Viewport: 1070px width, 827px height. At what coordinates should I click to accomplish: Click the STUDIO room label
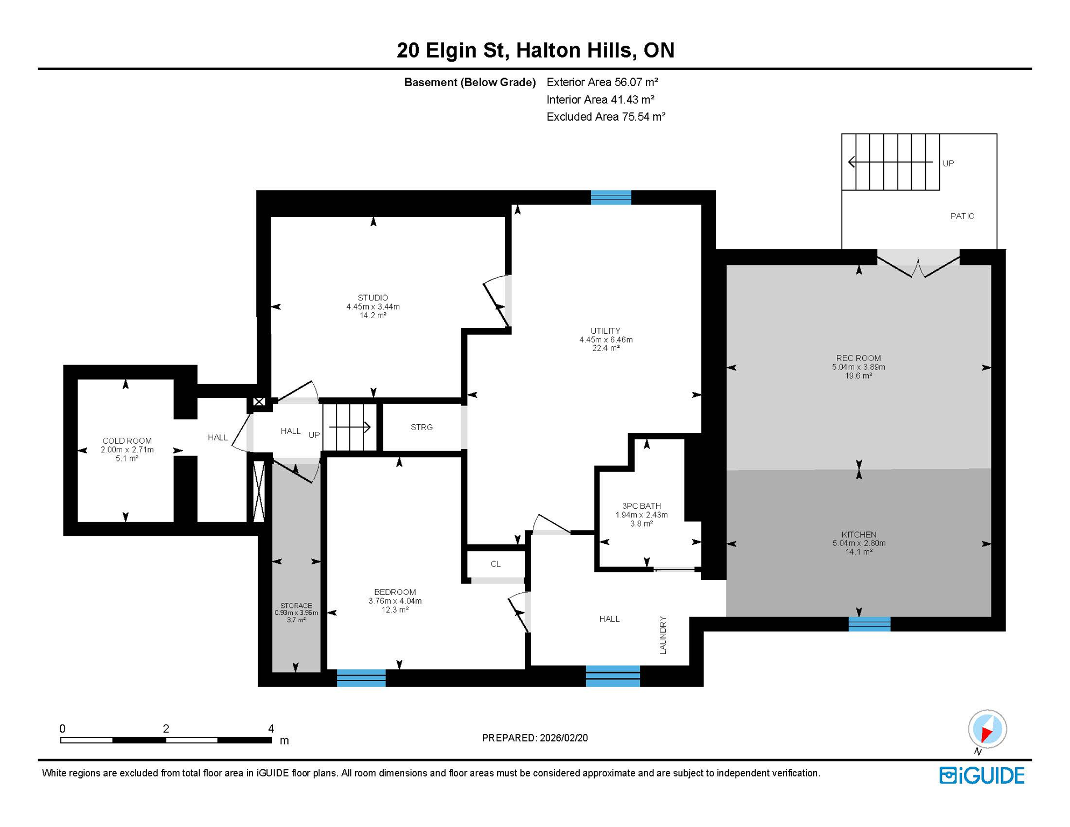[x=372, y=298]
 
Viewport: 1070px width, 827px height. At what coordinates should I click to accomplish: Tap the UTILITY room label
[x=605, y=331]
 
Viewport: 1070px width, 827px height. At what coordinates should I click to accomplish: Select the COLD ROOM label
[x=127, y=441]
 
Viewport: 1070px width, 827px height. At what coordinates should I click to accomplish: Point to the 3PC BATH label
[x=641, y=506]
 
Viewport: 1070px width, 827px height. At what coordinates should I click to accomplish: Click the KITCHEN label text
[x=858, y=535]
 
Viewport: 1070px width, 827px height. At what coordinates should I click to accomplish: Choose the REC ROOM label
[x=858, y=358]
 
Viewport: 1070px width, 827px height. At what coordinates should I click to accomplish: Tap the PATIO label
[x=962, y=216]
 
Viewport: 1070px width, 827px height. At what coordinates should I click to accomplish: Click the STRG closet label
[x=421, y=427]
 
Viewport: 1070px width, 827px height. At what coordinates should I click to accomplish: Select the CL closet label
[x=495, y=564]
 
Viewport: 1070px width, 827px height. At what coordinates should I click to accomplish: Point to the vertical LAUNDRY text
[x=663, y=635]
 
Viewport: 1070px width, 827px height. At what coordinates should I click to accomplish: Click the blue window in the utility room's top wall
[x=610, y=198]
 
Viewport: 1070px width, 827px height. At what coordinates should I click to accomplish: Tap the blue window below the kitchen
[x=869, y=624]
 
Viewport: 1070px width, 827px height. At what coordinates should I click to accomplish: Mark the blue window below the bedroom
[x=361, y=678]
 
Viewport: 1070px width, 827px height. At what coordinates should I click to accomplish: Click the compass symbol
[x=987, y=728]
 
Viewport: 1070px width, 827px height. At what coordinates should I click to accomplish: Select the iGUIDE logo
[x=982, y=775]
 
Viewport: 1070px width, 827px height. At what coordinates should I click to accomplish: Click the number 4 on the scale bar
[x=271, y=728]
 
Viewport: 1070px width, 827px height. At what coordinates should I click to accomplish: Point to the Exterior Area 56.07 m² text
[x=602, y=82]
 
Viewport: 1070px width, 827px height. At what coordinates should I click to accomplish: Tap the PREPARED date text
[x=534, y=738]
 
